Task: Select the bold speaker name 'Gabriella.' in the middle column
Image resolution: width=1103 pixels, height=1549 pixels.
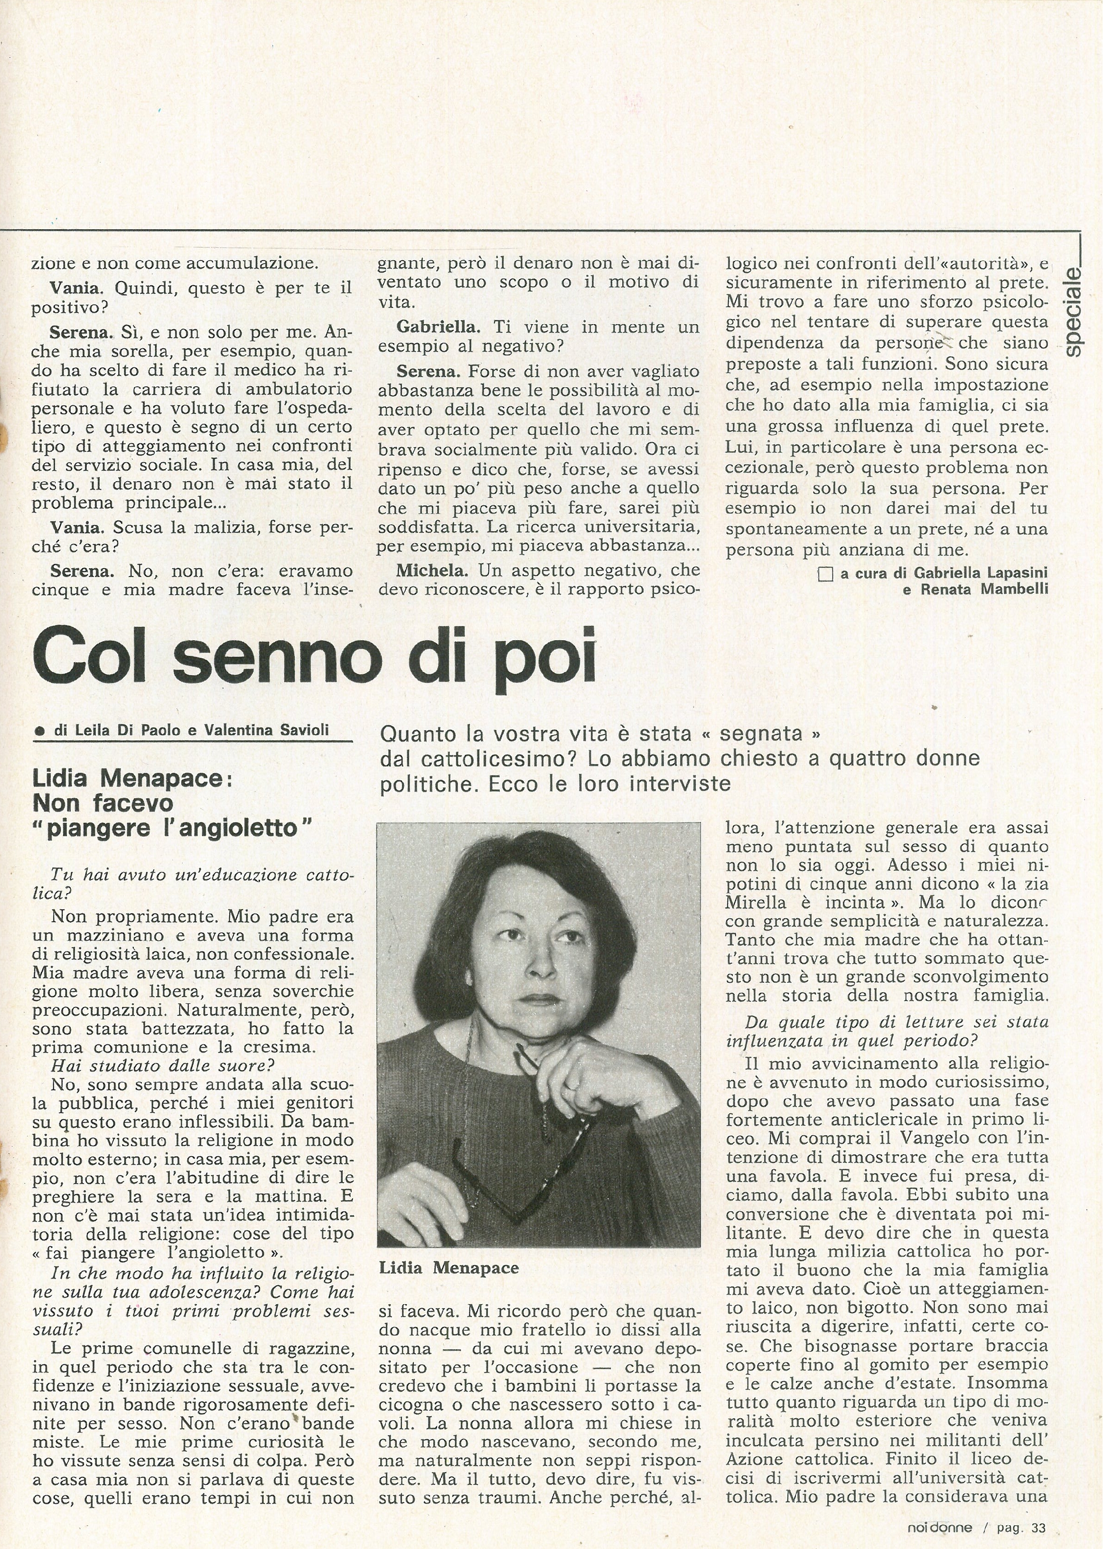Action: click(x=438, y=327)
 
